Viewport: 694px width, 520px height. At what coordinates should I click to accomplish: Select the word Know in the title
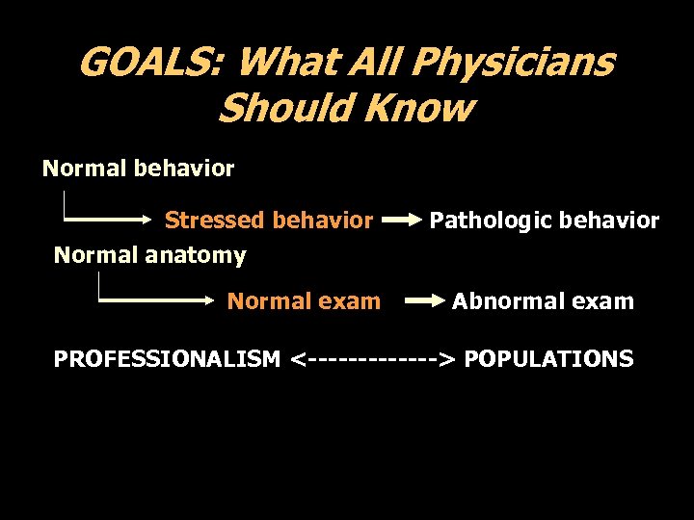point(427,109)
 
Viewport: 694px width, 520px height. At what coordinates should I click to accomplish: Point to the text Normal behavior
point(138,169)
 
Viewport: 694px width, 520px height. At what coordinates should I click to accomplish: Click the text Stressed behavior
point(268,221)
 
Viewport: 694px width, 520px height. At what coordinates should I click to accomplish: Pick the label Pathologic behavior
point(544,221)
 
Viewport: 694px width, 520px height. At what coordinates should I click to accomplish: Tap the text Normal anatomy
point(149,255)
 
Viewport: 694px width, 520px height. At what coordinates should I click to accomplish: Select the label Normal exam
point(304,301)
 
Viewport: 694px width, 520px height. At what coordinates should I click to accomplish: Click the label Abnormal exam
point(543,301)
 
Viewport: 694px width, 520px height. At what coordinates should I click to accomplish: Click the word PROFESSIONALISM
point(167,359)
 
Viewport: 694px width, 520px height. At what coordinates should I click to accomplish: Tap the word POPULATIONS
point(548,359)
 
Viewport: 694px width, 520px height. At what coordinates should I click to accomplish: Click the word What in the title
point(279,63)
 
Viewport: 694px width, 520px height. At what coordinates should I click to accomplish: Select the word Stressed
point(214,221)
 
